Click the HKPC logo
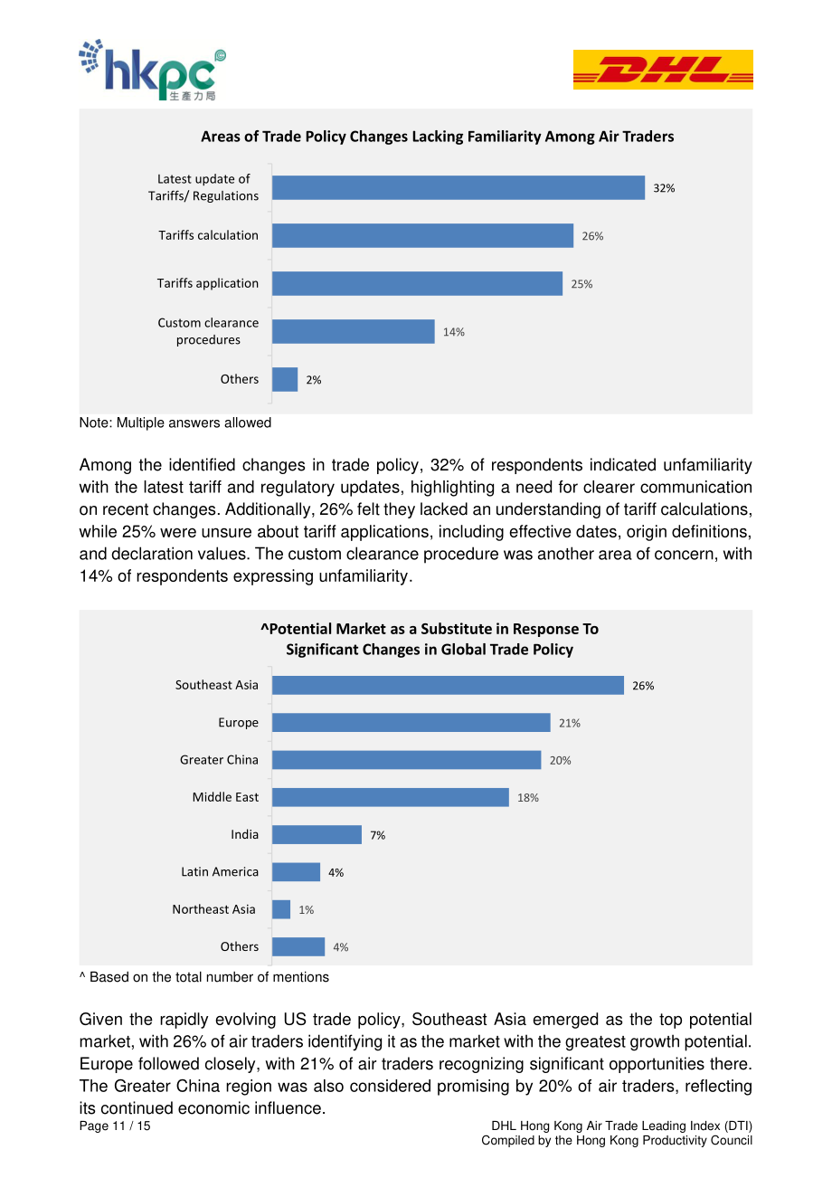click(153, 70)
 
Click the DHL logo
click(663, 70)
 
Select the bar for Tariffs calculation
click(422, 235)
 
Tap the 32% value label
click(664, 188)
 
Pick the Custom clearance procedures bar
click(354, 331)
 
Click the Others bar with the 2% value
click(285, 379)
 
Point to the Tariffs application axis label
click(208, 283)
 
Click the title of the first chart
click(438, 137)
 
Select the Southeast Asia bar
click(448, 685)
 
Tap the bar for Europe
click(411, 723)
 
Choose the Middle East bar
click(391, 797)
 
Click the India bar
click(317, 834)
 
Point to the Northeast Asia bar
click(281, 909)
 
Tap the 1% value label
click(306, 910)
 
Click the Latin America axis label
click(220, 872)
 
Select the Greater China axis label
click(219, 760)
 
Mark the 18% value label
click(527, 798)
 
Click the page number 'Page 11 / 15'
click(115, 1126)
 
